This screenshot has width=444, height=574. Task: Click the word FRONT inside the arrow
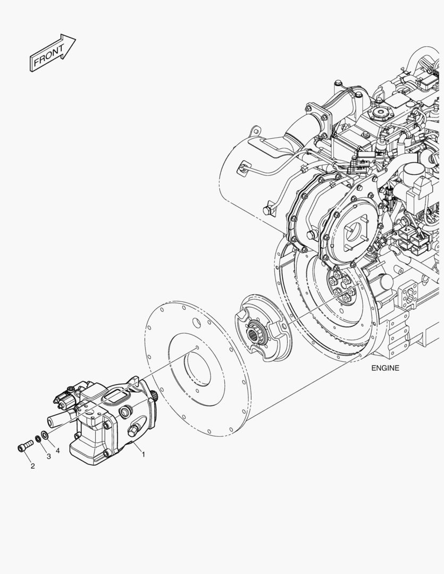click(x=49, y=55)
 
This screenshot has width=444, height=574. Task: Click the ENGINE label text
click(x=385, y=368)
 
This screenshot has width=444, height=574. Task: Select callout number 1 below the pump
click(x=144, y=454)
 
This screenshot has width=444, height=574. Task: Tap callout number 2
click(x=32, y=466)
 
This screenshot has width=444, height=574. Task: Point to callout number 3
click(x=49, y=457)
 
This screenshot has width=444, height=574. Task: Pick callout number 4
click(x=57, y=451)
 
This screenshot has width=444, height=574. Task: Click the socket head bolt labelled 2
click(x=25, y=445)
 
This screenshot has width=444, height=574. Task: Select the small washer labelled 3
click(x=38, y=438)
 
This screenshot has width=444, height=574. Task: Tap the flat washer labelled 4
click(x=45, y=435)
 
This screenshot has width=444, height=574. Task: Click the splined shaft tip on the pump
click(x=154, y=396)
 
